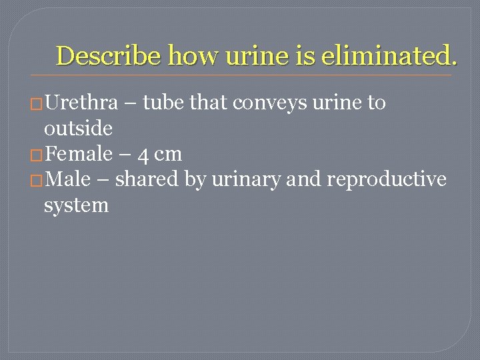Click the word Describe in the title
109,56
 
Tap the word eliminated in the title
389,56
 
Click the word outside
77,128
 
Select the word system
76,205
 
